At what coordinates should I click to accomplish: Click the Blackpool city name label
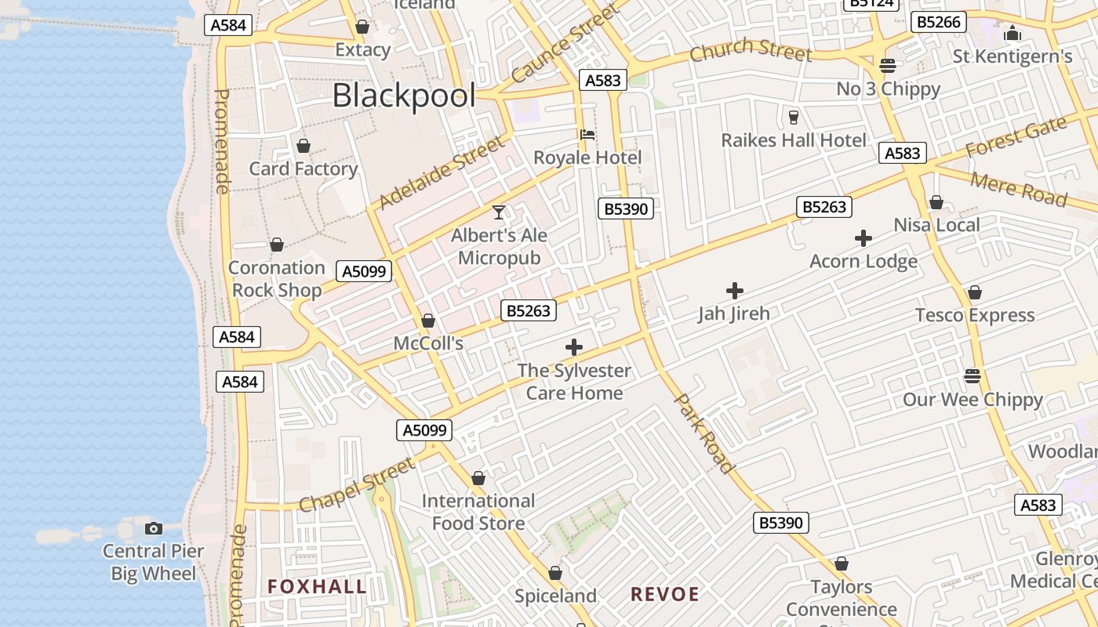(x=404, y=96)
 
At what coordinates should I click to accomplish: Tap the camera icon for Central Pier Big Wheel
(x=154, y=528)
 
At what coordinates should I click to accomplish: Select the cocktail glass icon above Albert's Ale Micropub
(x=499, y=212)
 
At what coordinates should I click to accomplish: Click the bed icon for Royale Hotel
(x=587, y=135)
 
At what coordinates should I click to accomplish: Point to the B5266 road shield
(x=938, y=22)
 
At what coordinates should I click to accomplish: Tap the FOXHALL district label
(x=317, y=586)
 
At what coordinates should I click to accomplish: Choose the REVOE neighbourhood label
(x=665, y=594)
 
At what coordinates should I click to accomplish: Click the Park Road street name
(x=705, y=433)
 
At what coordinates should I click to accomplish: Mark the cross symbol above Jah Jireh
(x=734, y=291)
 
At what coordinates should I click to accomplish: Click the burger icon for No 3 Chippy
(x=888, y=65)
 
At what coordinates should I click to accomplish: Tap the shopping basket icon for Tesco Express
(x=974, y=292)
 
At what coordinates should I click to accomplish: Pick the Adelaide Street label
(x=442, y=172)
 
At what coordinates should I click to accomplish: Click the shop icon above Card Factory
(x=304, y=146)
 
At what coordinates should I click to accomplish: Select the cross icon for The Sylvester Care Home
(x=574, y=347)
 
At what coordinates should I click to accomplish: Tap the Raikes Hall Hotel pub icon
(x=794, y=118)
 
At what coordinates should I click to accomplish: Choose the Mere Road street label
(x=1018, y=189)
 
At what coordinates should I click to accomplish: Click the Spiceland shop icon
(x=555, y=573)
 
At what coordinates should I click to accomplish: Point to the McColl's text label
(x=428, y=343)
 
